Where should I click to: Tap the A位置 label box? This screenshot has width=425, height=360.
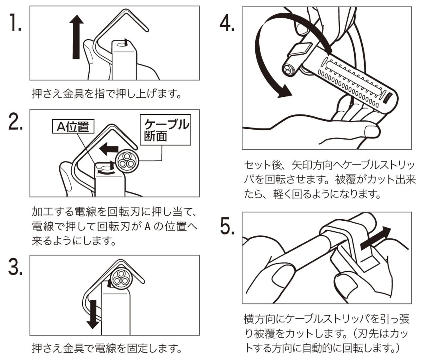(73, 127)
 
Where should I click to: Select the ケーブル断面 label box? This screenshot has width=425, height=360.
(165, 130)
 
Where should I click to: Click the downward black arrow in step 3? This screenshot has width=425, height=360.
(93, 314)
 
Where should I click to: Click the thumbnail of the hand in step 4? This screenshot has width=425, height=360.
(372, 132)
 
